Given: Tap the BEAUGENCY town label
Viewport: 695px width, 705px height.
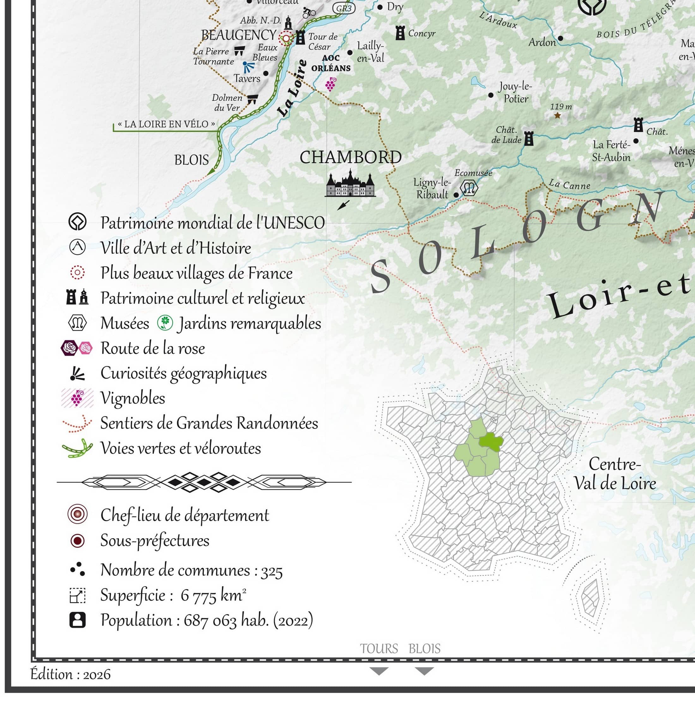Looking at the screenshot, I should [239, 35].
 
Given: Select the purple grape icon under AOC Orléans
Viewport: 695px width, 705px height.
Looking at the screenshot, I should [331, 84].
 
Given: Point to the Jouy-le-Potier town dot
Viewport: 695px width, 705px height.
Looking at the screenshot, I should [491, 95].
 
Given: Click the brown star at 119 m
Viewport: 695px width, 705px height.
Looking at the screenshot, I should [557, 116].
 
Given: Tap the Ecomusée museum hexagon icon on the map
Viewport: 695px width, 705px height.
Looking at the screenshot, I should [469, 188].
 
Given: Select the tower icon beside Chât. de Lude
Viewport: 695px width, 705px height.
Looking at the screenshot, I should [529, 139].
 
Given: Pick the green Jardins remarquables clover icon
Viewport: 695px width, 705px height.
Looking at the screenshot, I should [165, 322].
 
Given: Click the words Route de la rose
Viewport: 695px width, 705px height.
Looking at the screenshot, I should [153, 348].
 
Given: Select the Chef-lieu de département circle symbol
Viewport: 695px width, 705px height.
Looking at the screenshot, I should [77, 515].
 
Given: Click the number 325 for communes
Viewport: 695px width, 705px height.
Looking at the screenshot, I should [272, 571].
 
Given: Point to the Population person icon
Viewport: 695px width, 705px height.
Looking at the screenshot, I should [77, 620].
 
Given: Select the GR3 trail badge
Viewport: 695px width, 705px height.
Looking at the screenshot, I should [344, 8].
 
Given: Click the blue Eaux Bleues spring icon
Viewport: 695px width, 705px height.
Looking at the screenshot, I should [249, 67].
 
